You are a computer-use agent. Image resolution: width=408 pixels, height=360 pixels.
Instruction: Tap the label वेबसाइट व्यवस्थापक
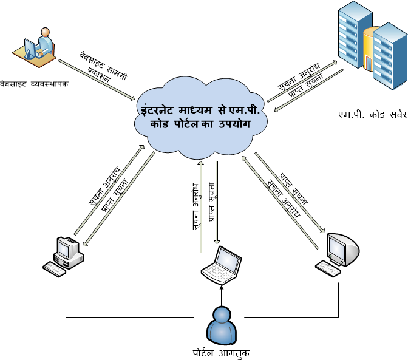tap(34, 83)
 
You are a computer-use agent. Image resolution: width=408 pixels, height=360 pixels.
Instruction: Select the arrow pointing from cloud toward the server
tap(302, 81)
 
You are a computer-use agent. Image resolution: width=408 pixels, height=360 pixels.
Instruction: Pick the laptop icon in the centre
tap(221, 265)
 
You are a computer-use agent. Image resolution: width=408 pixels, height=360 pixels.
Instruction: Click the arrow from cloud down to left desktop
tap(119, 200)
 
